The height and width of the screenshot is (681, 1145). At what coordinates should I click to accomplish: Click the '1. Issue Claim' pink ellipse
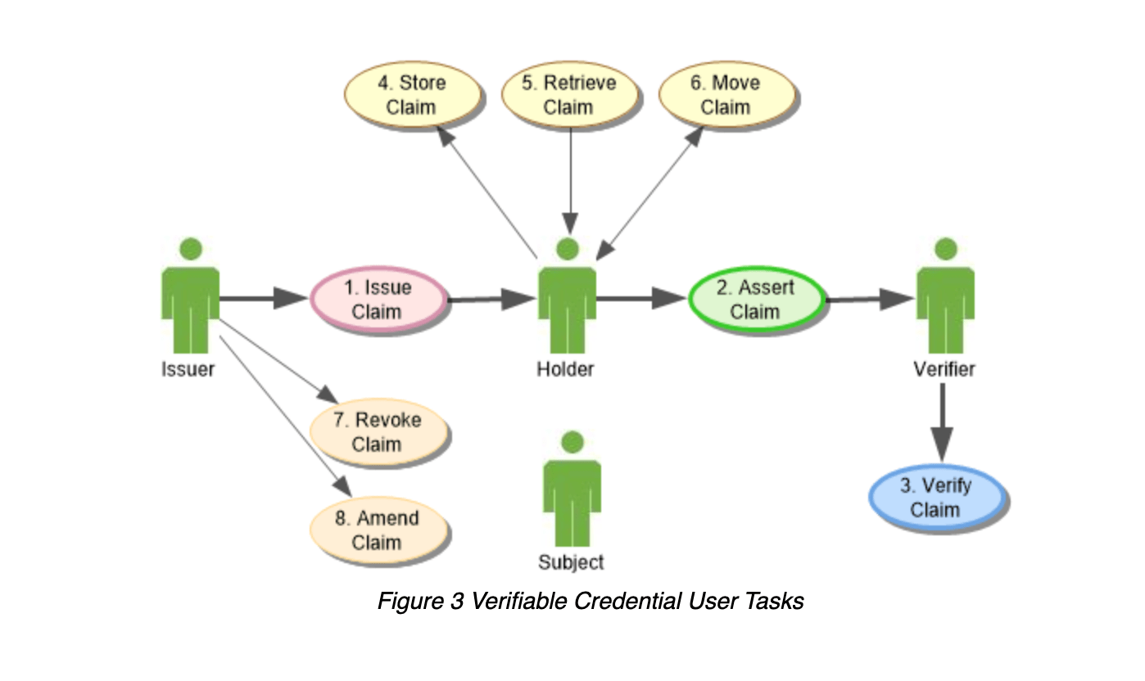378,300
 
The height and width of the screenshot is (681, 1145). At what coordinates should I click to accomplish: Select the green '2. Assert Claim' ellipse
757,300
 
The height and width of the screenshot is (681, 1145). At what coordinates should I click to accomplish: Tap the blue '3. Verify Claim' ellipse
938,498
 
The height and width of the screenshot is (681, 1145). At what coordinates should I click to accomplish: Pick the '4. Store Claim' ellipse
413,94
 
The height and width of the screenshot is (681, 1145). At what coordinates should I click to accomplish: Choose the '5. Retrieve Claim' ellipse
569,94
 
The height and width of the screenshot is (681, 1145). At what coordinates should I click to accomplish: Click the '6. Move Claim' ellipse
726,94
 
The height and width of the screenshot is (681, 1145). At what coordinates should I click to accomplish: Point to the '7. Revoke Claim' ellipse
378,431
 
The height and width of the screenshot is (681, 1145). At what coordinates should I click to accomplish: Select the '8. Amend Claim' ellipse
378,530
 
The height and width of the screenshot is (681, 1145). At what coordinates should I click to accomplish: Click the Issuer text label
188,369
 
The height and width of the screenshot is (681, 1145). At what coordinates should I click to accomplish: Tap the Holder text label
565,369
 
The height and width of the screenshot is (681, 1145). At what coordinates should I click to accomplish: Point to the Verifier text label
944,369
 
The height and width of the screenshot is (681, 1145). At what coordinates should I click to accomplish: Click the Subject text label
571,562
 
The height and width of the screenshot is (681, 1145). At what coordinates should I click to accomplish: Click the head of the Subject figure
572,442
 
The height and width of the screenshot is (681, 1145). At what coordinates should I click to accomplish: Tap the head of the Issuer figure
191,249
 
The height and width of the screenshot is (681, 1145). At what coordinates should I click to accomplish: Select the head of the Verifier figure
946,249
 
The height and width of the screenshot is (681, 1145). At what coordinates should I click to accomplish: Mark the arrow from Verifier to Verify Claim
942,422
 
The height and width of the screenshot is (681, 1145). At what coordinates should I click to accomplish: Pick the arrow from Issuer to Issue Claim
264,298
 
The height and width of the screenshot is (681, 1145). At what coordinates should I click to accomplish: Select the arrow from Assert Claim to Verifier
870,299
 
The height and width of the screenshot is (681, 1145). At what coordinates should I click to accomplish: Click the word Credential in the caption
627,602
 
